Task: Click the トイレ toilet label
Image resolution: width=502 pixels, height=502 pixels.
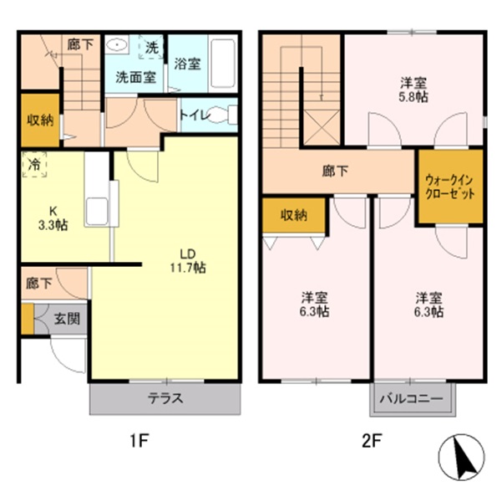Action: pos(192,115)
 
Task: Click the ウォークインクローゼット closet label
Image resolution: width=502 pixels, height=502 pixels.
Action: pos(450,186)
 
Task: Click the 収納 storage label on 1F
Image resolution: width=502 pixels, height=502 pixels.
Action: pos(40,120)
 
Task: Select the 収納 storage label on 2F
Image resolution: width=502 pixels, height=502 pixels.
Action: pos(293,215)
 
